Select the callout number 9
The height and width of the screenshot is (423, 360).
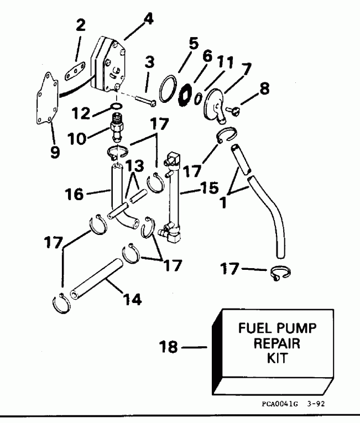[x=55, y=151]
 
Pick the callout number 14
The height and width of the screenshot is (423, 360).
[x=132, y=300]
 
